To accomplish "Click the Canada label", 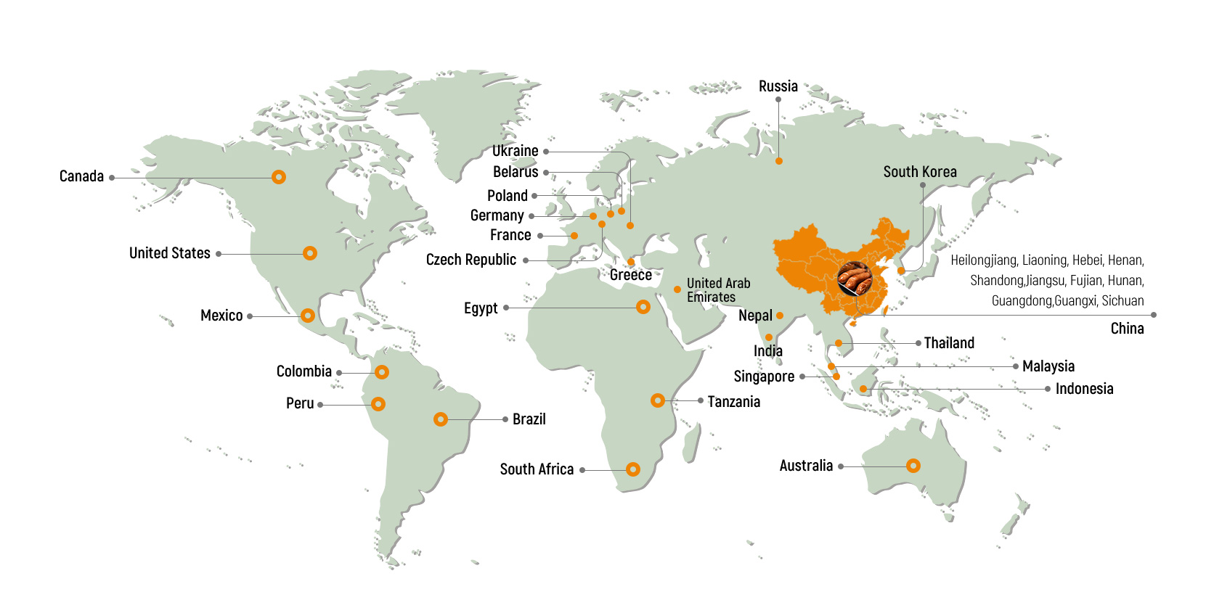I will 81,176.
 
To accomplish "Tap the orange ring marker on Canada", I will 278,177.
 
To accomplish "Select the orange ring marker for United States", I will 310,253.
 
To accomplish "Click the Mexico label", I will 221,316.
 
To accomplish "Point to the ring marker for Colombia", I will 382,372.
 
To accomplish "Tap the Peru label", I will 300,403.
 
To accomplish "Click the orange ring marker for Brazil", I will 441,419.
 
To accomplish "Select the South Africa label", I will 537,469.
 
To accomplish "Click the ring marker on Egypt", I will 643,307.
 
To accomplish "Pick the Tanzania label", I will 733,402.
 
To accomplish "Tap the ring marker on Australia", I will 913,466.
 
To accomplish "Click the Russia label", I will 778,86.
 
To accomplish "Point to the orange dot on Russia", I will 779,161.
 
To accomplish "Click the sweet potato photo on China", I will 854,279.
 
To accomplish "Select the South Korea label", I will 919,172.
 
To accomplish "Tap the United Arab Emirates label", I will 718,290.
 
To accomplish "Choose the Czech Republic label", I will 470,260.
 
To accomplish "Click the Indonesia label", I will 1084,389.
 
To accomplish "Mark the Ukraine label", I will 515,151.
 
